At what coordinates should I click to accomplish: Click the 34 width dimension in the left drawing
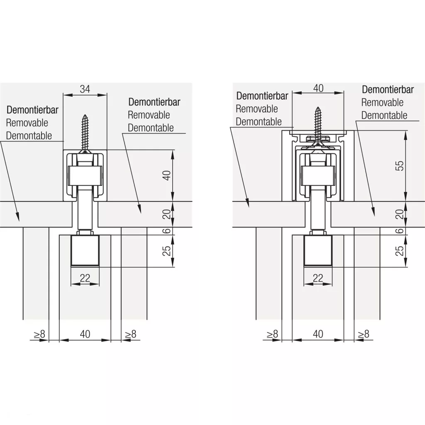85,88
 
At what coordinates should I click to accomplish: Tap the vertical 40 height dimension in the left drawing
166,175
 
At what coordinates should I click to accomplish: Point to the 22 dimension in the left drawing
85,278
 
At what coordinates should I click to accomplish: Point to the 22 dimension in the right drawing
318,278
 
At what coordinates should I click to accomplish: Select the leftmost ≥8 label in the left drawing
39,334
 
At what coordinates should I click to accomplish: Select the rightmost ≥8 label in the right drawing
363,334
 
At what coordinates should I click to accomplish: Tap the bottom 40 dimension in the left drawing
85,334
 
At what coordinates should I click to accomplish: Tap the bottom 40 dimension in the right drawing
318,334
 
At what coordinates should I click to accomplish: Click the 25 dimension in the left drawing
166,251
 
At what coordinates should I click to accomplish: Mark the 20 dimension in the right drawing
399,214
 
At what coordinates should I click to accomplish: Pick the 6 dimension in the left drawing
166,231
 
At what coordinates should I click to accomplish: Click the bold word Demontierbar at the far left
32,110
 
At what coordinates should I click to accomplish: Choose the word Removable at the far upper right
382,103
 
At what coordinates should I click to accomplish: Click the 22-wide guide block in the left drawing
85,251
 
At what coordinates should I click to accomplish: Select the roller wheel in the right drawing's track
318,175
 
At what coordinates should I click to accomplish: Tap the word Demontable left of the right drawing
259,122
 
